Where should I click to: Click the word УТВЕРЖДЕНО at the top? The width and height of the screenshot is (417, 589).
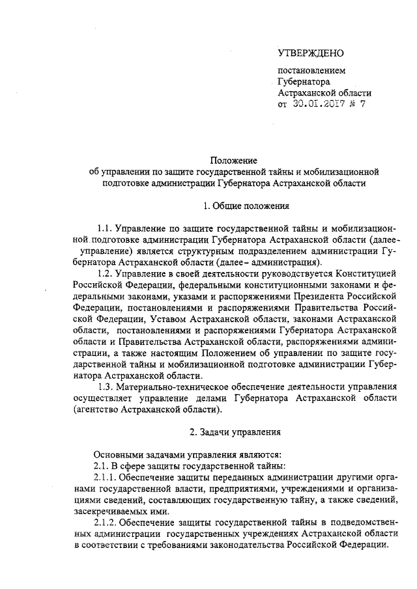click(311, 53)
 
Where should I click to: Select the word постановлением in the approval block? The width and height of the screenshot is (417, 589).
click(312, 71)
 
